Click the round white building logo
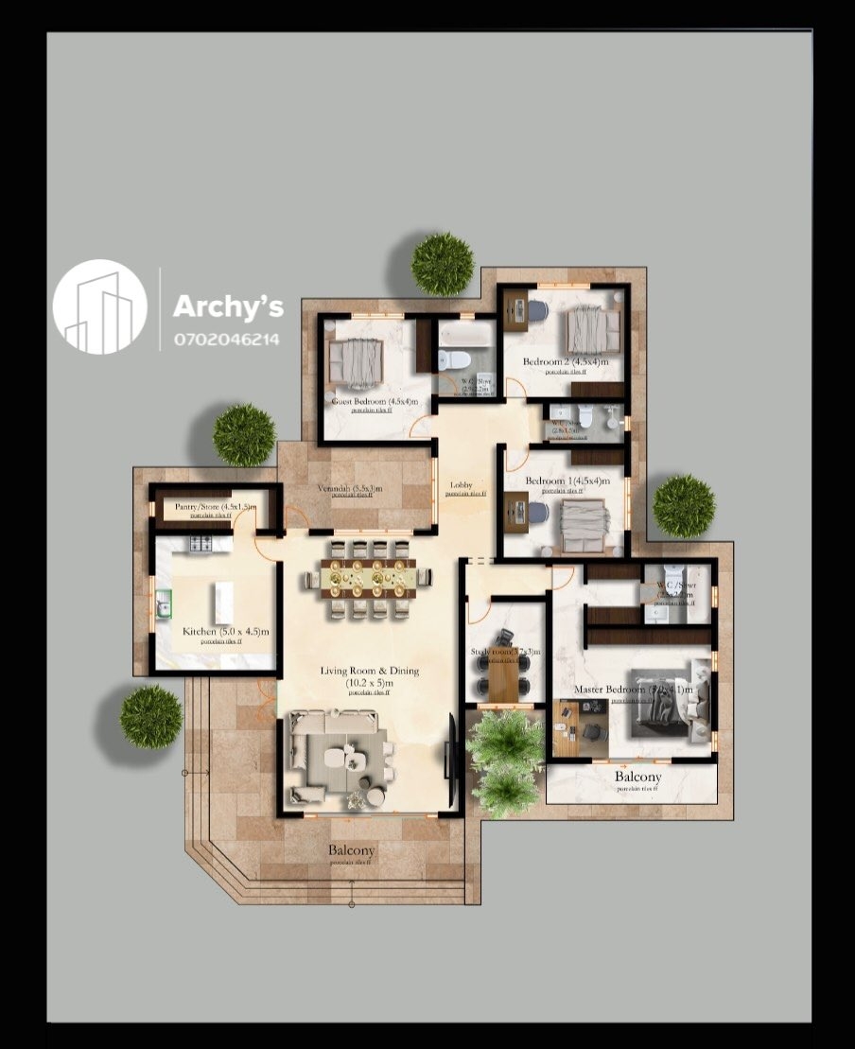(x=100, y=306)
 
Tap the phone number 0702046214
(x=226, y=339)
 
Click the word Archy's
(x=228, y=306)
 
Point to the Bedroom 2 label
(x=566, y=361)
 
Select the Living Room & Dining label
(x=369, y=671)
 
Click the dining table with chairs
(x=369, y=577)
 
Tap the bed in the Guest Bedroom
(x=356, y=363)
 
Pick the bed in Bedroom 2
(x=593, y=331)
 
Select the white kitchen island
(x=224, y=603)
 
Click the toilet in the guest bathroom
(x=456, y=359)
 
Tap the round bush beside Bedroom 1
(x=684, y=506)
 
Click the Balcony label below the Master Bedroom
(x=637, y=778)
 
